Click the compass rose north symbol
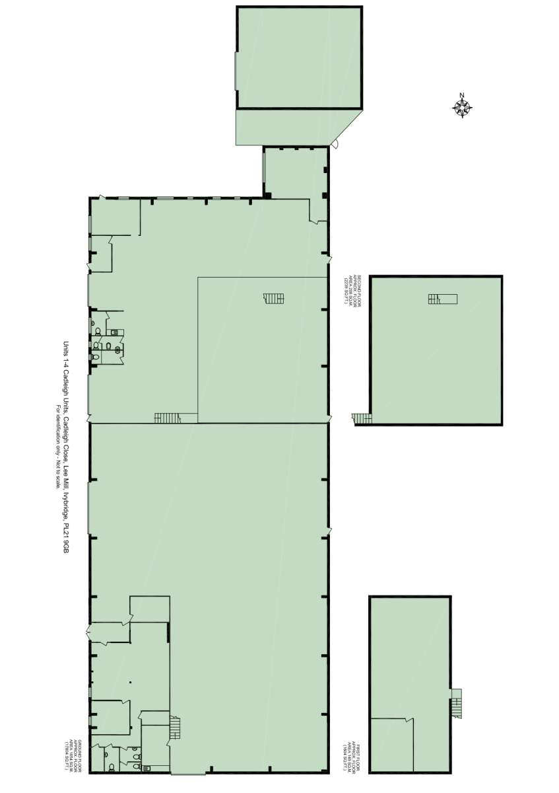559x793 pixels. coord(463,106)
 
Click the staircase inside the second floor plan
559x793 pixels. coord(442,299)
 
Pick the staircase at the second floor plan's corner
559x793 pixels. coord(361,418)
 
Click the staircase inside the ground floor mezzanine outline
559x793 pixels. coord(273,298)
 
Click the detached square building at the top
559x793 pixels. coord(300,57)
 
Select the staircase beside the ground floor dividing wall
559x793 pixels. coord(168,418)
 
